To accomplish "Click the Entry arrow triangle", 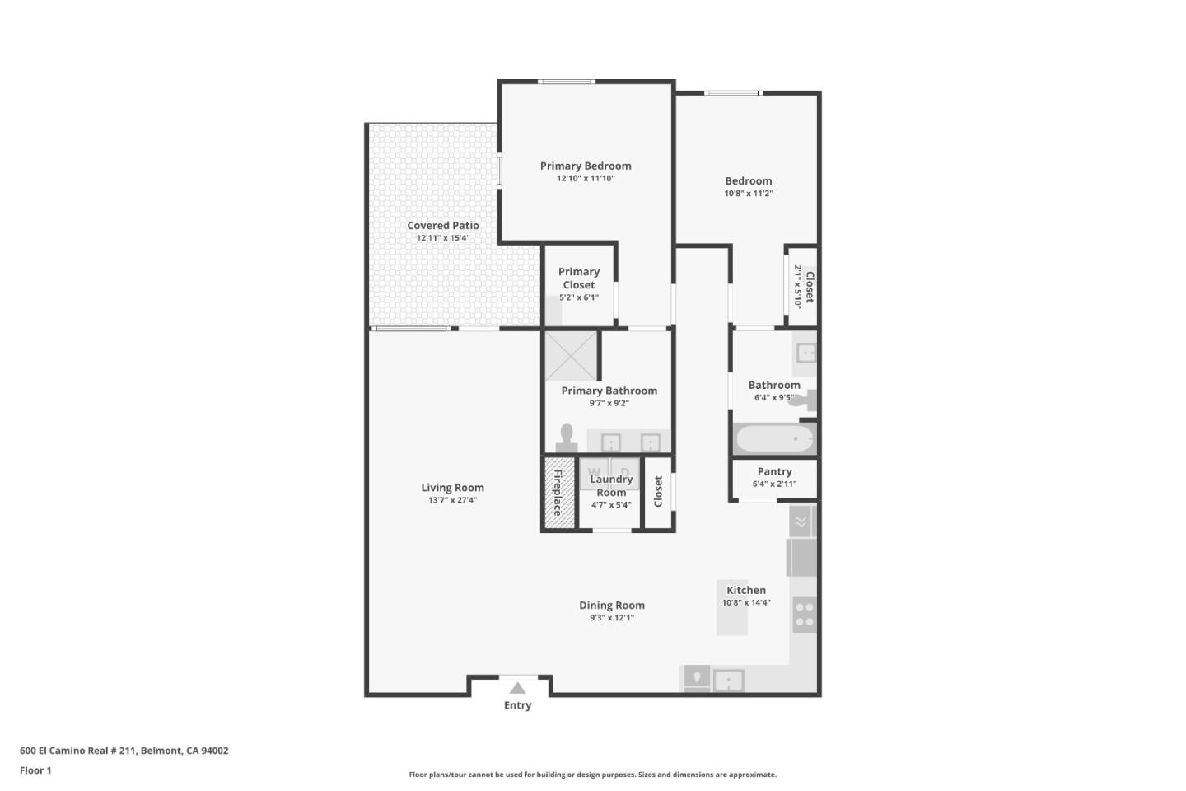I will (517, 688).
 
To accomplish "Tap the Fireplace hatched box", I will (558, 493).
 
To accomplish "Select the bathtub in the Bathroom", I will (774, 438).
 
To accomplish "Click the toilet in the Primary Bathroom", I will (567, 437).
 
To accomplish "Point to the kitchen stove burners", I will (805, 614).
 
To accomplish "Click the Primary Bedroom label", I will (586, 166).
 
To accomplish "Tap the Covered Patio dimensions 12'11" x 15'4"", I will (443, 238).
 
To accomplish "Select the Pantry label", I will (774, 471).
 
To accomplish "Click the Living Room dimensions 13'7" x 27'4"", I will (452, 500).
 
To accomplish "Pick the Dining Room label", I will (611, 605).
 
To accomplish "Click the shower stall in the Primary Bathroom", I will (571, 355).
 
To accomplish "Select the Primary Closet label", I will (579, 278).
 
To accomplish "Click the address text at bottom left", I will (124, 751).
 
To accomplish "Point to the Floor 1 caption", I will (35, 770).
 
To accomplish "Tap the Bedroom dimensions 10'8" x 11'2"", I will (749, 194).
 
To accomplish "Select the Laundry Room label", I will (611, 485).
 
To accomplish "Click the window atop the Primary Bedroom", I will (567, 82).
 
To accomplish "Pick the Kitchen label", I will (746, 590).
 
